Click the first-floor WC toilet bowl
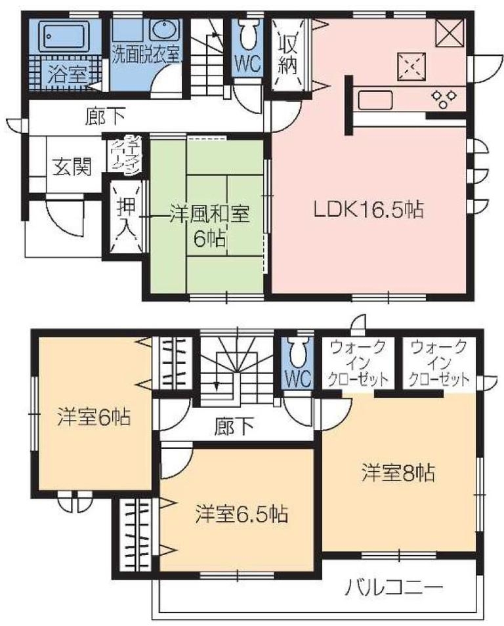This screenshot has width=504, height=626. (x=249, y=36)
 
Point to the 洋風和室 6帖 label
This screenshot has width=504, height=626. (x=207, y=224)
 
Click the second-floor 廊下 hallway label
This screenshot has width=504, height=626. (x=234, y=428)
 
